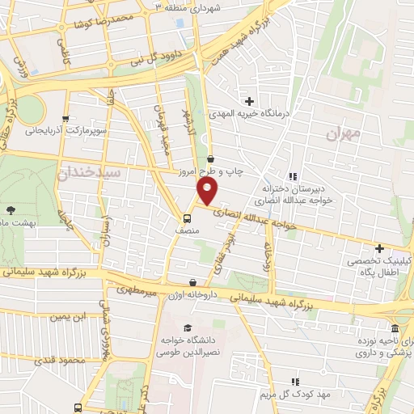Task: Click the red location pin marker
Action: [208, 192]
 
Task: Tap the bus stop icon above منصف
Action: [188, 218]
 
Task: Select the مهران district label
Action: [341, 133]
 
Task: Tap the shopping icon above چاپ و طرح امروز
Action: [211, 158]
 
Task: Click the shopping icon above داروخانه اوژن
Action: [193, 283]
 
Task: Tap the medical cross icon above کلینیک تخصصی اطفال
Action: [379, 247]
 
